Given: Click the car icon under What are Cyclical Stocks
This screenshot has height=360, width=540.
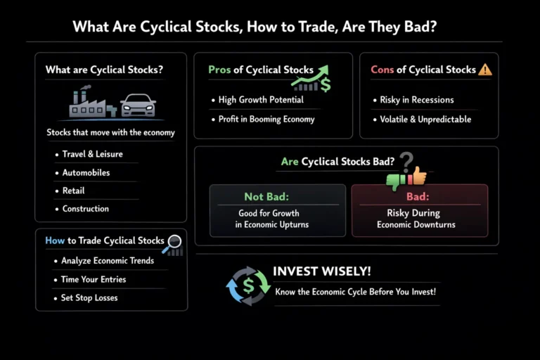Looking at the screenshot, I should tap(138, 105).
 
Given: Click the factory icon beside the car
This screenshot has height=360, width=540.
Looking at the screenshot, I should tap(92, 103).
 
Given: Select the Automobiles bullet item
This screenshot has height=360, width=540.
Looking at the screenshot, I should tap(86, 172).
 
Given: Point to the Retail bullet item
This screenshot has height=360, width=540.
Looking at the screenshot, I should tap(73, 191).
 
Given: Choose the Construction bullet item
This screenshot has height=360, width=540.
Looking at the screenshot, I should tap(85, 209).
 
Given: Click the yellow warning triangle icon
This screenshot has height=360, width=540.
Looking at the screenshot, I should tap(484, 70).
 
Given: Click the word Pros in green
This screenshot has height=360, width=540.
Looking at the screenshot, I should tap(219, 70).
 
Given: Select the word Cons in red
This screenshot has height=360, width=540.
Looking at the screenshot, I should tap(383, 70).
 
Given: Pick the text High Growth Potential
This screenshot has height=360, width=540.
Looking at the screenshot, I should tap(261, 100).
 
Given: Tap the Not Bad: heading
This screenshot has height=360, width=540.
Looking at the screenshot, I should tap(266, 197).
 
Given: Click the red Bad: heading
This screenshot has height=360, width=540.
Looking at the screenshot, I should tap(418, 197).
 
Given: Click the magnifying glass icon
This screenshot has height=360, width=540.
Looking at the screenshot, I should tap(172, 244).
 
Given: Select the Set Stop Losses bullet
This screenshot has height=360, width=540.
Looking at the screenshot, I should tap(89, 297).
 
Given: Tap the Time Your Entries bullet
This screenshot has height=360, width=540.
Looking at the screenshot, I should tap(94, 279).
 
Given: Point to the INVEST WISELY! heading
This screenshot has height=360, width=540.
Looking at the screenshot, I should tap(321, 271).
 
